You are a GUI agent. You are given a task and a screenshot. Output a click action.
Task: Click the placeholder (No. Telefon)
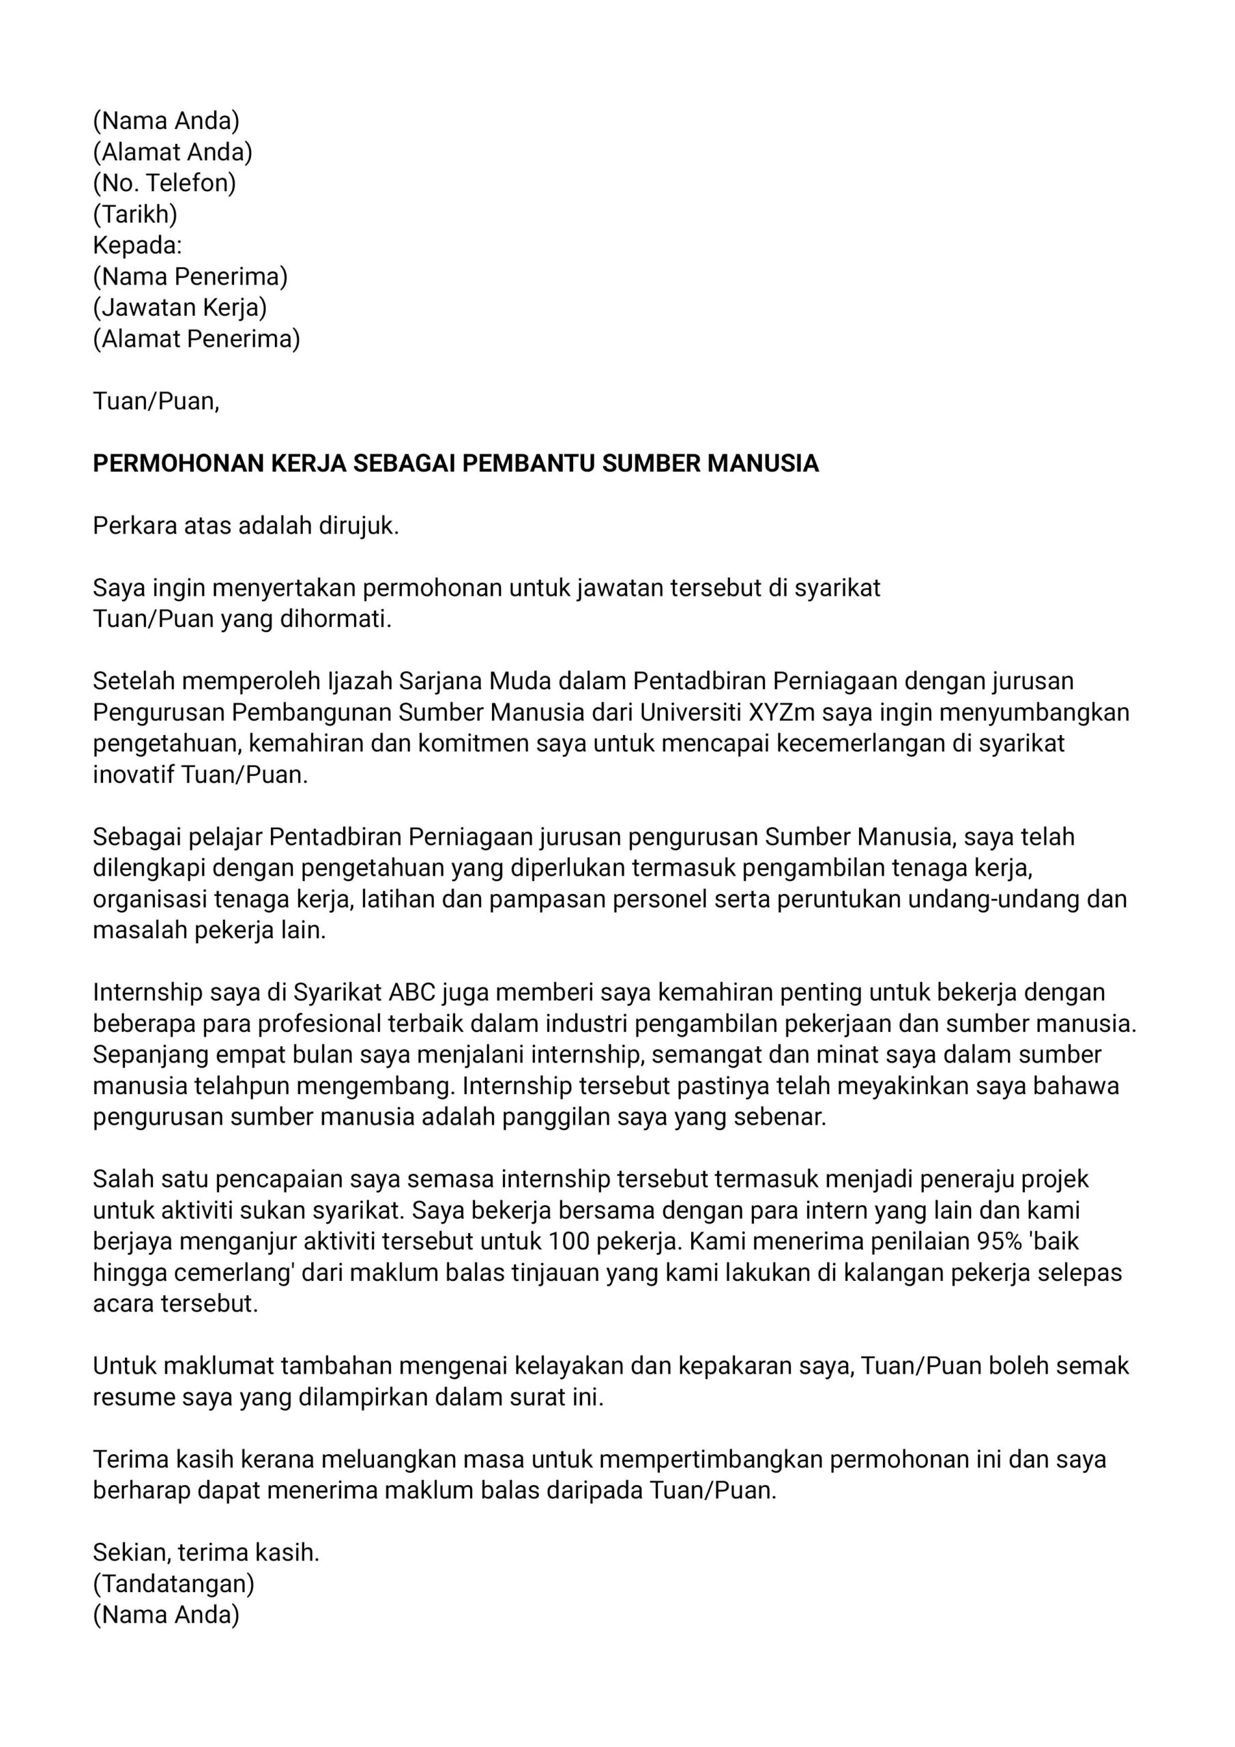(164, 183)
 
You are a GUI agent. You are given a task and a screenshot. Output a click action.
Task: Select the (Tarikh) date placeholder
(134, 214)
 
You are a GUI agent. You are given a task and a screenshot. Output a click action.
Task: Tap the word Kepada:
(138, 245)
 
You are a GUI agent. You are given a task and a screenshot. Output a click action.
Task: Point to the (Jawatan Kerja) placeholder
(179, 307)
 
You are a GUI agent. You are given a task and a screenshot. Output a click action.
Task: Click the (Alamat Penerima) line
(197, 338)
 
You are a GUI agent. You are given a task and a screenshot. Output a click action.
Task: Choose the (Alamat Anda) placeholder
(173, 152)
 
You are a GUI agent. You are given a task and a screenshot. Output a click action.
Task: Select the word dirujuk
(360, 525)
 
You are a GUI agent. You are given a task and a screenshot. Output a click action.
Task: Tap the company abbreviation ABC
(411, 992)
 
